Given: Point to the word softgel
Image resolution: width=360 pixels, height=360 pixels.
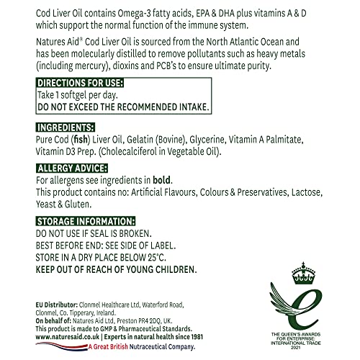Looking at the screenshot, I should [78, 94].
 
